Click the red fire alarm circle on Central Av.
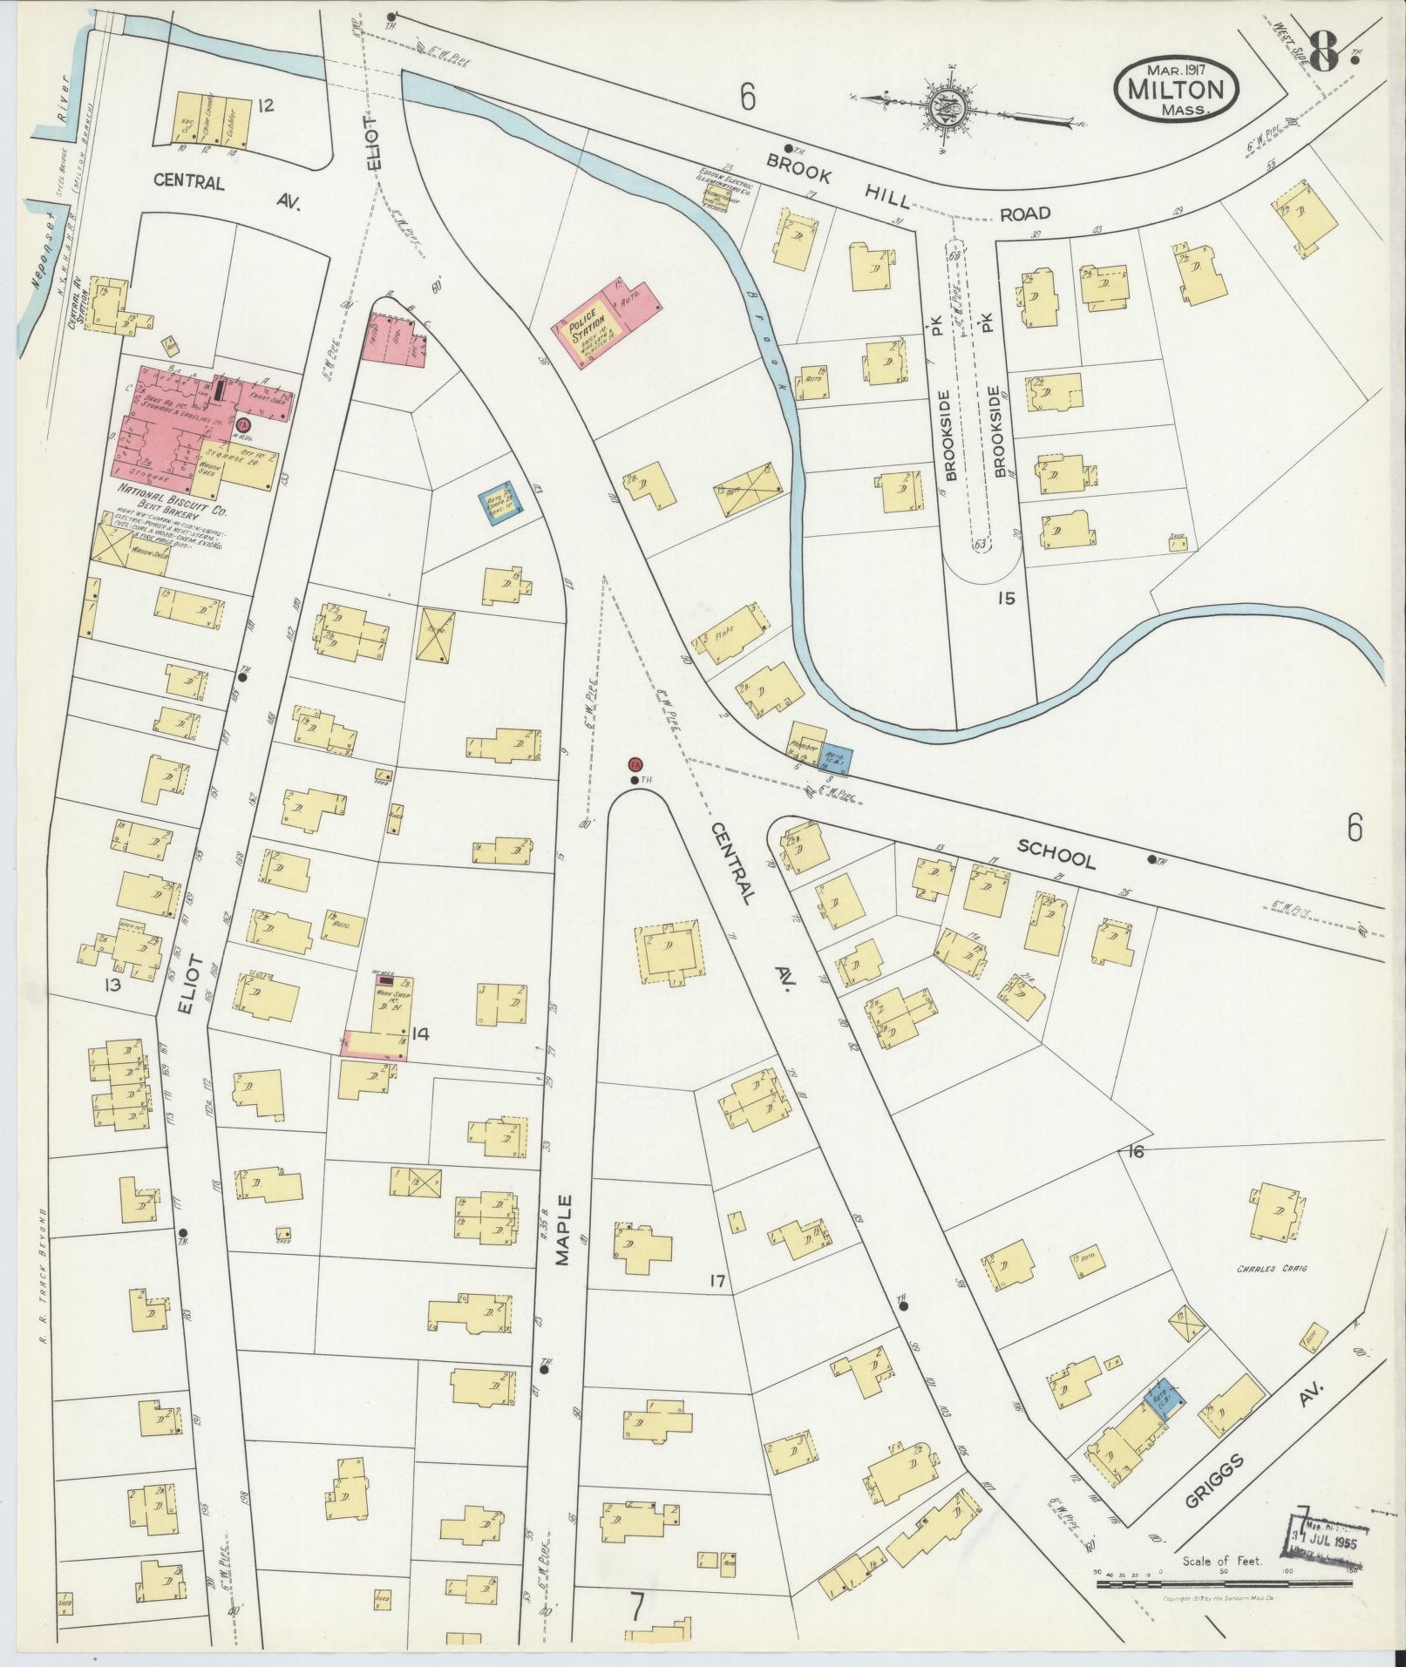click(635, 763)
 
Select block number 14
click(421, 1034)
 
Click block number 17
click(717, 1281)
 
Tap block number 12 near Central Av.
click(266, 105)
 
